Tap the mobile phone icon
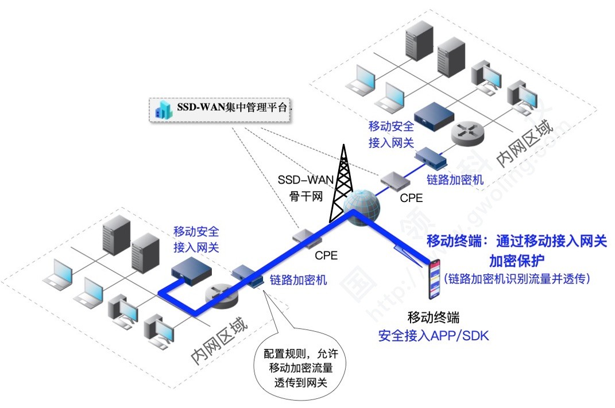(435, 278)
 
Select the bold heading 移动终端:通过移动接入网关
(516, 241)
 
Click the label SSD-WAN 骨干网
(305, 187)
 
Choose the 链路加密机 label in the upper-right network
(455, 180)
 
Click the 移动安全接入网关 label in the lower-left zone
(196, 240)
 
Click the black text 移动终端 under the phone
(434, 317)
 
